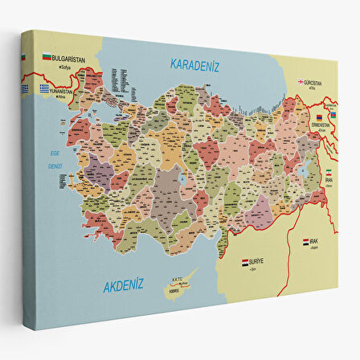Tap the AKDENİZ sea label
122,284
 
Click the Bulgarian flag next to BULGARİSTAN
47,58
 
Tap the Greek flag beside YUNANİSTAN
47,88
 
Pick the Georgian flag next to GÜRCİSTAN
301,81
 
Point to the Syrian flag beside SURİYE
246,262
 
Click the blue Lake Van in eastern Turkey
305,170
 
